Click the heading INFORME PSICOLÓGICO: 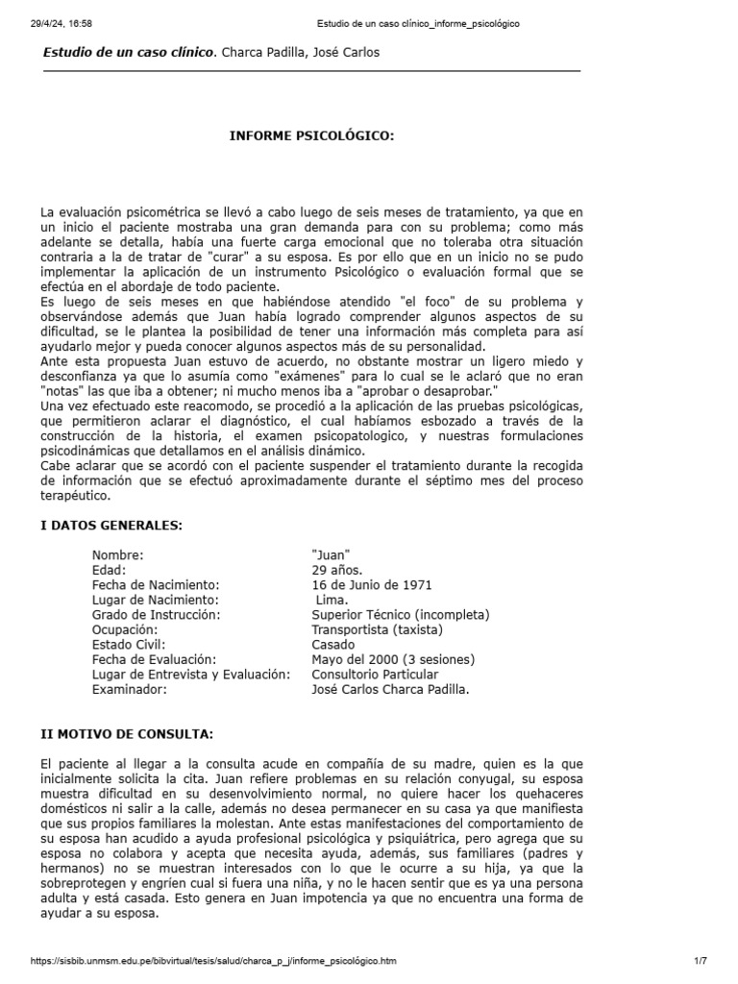click(311, 136)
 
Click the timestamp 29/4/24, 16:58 click(63, 24)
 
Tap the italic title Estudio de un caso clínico click(130, 52)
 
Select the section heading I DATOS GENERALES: click(111, 525)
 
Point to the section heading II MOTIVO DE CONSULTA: click(127, 734)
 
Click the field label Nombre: click(118, 555)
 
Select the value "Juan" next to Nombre click(332, 555)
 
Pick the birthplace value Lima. click(332, 599)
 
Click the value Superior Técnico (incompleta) click(401, 614)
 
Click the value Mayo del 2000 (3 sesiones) click(393, 659)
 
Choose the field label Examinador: click(130, 689)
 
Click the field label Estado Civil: click(129, 644)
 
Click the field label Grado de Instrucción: click(157, 614)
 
